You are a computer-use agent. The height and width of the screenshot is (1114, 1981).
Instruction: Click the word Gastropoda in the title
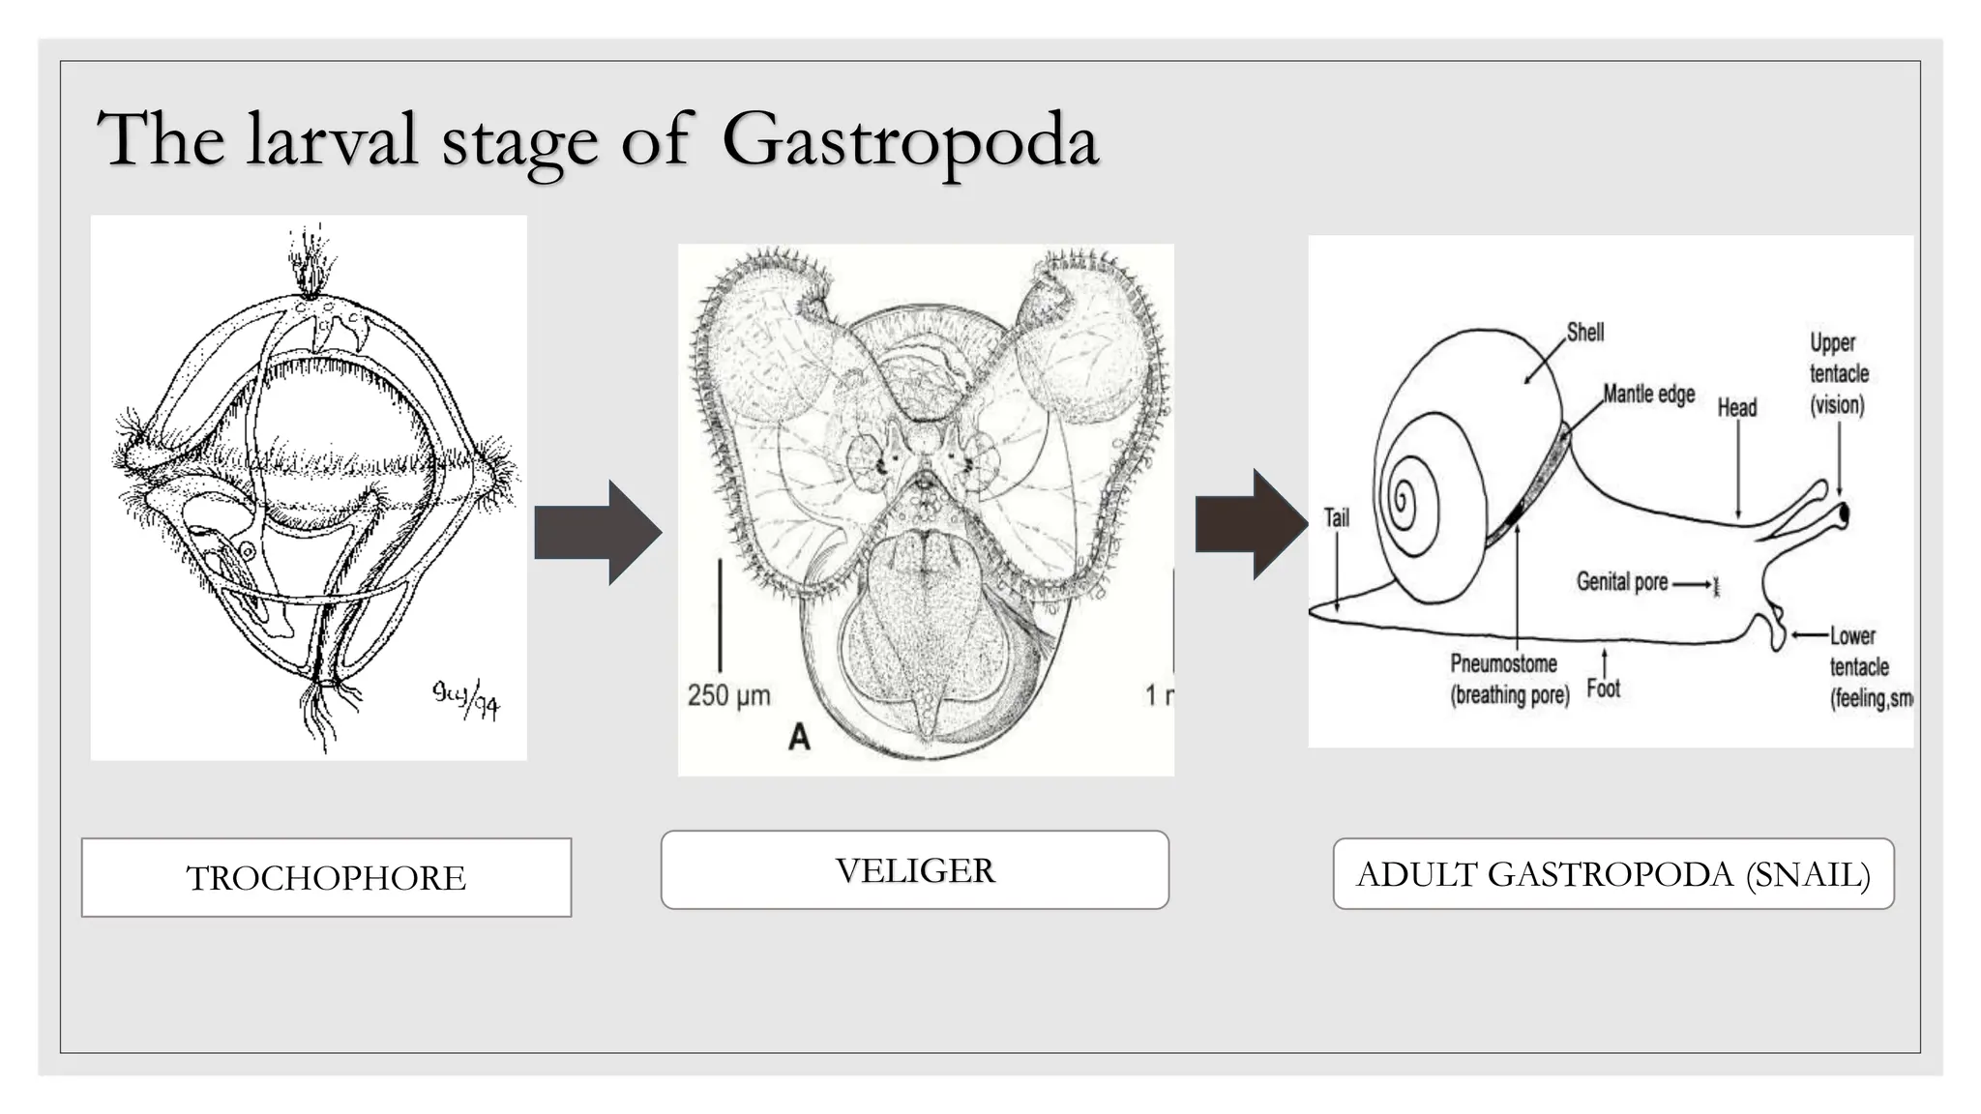909,140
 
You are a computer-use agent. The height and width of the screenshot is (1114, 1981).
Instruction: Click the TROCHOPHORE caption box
326,877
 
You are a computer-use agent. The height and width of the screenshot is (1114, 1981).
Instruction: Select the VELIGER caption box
914,869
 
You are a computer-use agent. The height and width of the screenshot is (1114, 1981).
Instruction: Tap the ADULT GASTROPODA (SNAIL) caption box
1612,874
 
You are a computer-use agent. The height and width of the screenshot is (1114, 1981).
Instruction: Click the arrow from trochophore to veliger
598,532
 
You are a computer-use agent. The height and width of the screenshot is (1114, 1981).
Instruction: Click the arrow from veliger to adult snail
1250,524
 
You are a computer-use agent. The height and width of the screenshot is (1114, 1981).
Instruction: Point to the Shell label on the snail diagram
1584,333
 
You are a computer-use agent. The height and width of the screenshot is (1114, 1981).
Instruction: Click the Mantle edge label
1648,394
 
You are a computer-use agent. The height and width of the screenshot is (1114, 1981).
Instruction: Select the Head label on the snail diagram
1736,407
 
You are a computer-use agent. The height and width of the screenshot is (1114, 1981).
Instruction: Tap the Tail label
1336,517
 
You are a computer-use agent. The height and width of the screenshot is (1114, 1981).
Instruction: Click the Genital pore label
1621,581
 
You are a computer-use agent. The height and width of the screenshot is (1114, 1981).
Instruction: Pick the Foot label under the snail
1603,689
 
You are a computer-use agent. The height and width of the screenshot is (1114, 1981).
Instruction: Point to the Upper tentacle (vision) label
1838,373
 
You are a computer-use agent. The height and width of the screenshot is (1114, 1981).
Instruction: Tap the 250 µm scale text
728,694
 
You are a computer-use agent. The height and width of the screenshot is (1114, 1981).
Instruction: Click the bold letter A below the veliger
799,737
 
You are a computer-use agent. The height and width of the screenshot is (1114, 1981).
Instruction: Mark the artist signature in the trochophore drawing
466,698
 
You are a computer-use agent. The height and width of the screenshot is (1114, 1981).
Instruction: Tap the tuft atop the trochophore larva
310,261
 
